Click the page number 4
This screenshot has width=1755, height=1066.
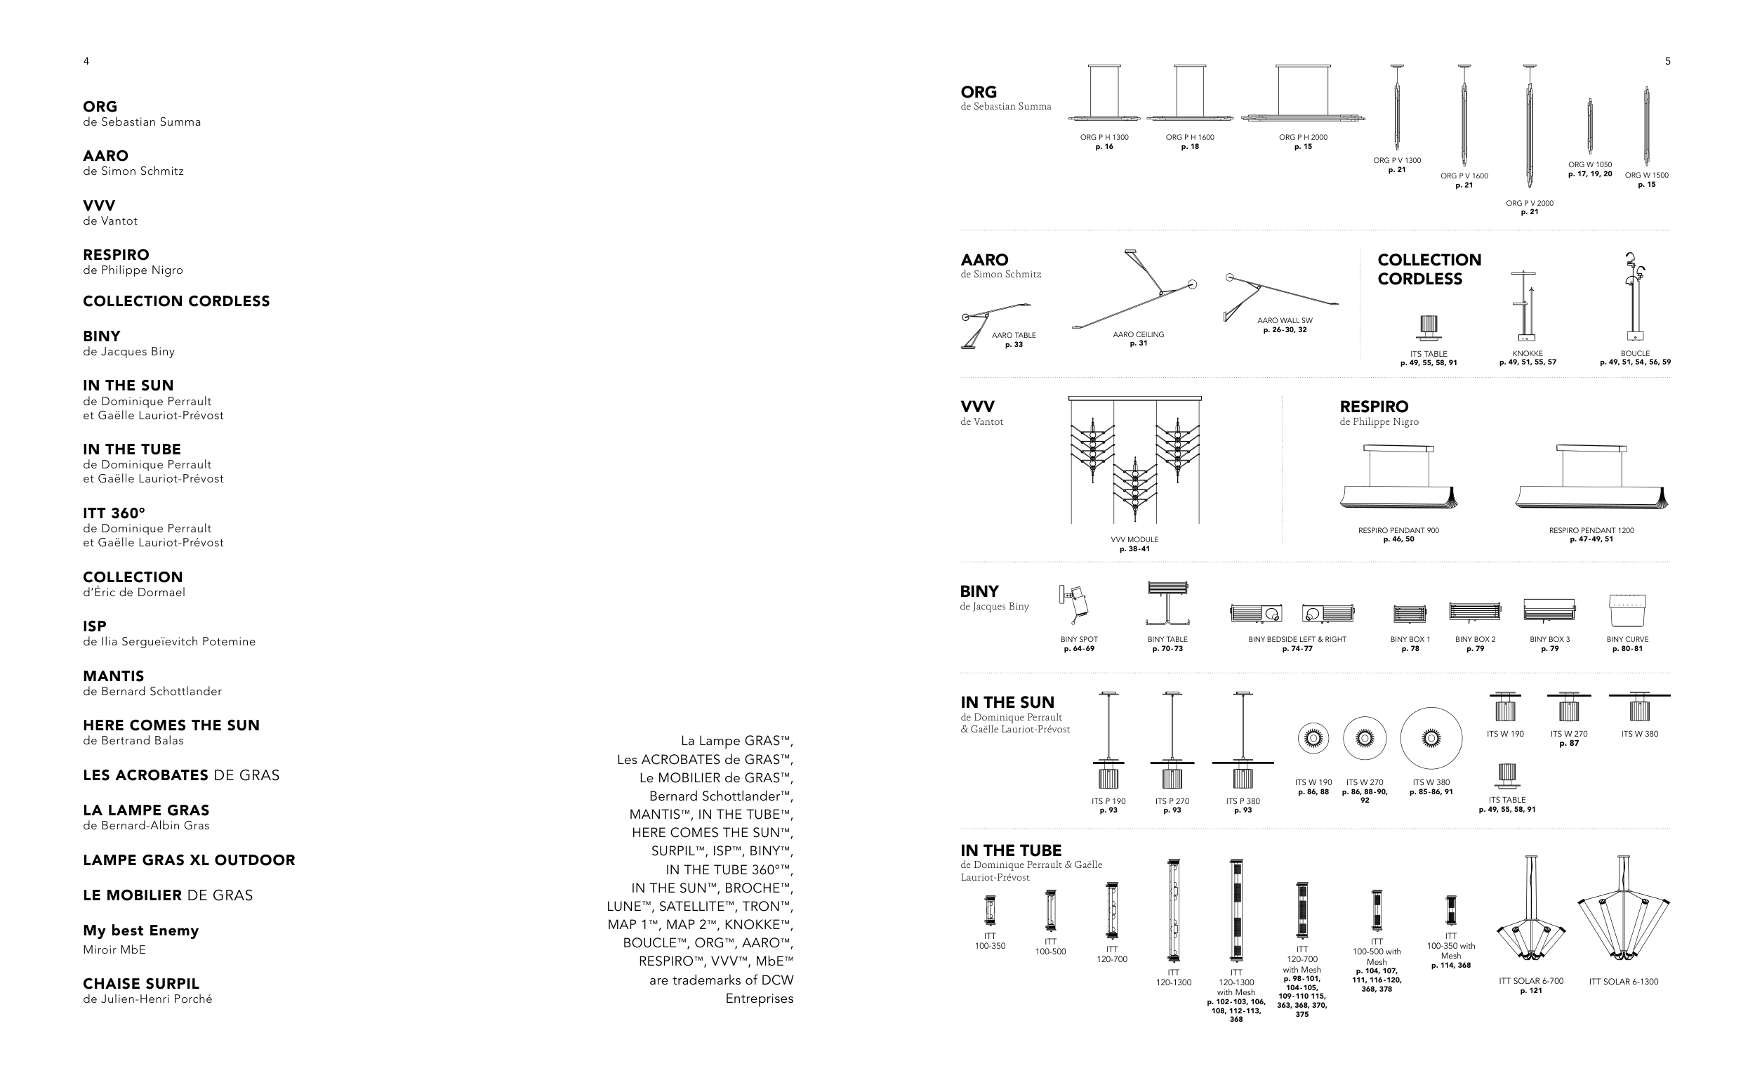[x=86, y=61]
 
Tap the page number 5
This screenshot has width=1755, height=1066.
[x=1667, y=61]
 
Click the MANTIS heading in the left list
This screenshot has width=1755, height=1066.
[x=113, y=676]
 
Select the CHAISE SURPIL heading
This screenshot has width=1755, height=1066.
[x=141, y=983]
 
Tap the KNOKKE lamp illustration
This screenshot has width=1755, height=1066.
[x=1524, y=306]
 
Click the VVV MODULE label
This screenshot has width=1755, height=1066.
[x=1134, y=539]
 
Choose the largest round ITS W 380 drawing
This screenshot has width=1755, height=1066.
[x=1431, y=739]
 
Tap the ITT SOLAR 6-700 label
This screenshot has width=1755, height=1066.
[x=1531, y=981]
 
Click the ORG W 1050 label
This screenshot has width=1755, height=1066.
[x=1590, y=164]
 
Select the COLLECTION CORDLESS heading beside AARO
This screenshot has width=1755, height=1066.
[x=1429, y=270]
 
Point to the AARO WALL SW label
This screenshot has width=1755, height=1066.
[x=1285, y=321]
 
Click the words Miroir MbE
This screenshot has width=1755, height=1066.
[x=114, y=949]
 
